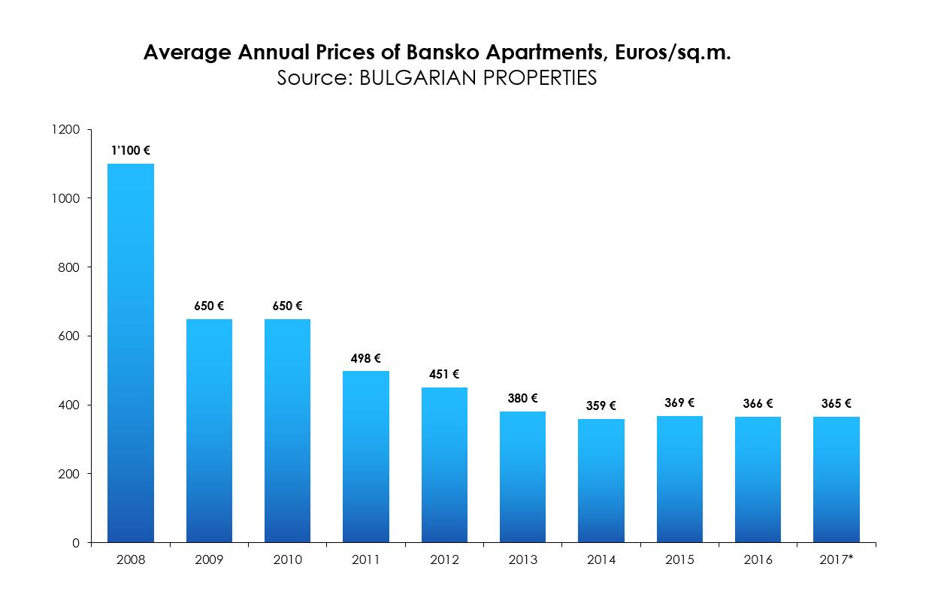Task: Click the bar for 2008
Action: [x=131, y=353]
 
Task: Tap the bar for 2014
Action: [x=601, y=481]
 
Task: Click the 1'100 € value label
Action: [x=130, y=150]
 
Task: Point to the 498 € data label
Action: [x=366, y=358]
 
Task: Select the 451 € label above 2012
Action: [x=444, y=374]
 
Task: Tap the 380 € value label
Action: [x=522, y=398]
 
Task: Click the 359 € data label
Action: [x=601, y=406]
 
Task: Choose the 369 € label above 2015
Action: [x=679, y=403]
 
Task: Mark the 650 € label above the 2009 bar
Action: [x=209, y=306]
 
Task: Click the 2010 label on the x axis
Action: [x=288, y=560]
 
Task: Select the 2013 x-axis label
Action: [x=522, y=560]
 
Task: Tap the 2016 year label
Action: [x=758, y=560]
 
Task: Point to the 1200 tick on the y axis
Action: [x=67, y=129]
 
